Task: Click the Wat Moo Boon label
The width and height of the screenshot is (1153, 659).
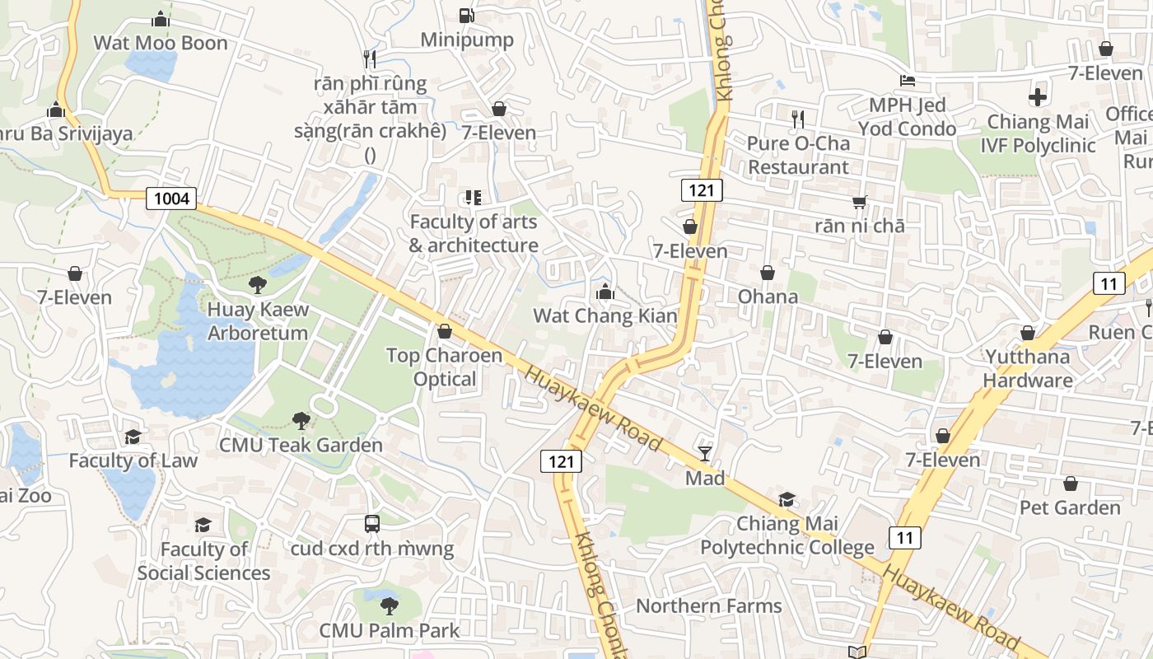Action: [161, 43]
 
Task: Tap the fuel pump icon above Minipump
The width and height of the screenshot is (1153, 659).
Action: [466, 15]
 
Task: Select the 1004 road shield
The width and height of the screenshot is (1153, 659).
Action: [171, 198]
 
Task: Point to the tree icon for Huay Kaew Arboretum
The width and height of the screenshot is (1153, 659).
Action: [258, 285]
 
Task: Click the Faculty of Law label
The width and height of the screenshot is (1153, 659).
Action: [133, 460]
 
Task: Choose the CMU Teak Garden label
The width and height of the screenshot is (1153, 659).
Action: [301, 445]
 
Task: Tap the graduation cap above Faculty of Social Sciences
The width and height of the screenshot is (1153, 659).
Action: [203, 525]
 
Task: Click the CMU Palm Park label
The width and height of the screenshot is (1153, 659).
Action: [390, 631]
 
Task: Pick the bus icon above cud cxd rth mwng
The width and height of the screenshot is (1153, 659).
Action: [372, 524]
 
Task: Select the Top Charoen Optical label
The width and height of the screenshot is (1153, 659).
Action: [445, 367]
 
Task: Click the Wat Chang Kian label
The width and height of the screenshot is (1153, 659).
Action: [605, 315]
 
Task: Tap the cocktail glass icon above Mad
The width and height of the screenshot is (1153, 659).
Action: [705, 453]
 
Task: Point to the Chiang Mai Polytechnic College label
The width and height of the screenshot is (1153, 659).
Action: [787, 535]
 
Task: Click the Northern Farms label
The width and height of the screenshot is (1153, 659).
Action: [709, 606]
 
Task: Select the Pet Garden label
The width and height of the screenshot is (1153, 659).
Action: [1071, 507]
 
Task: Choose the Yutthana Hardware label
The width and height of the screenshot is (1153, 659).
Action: [1028, 368]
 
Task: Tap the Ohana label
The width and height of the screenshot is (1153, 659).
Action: [768, 297]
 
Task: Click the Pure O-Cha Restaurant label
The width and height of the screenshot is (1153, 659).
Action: [797, 155]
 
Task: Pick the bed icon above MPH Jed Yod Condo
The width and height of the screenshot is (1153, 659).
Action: [907, 81]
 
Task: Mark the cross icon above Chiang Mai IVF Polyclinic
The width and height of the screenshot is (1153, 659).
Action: [1038, 97]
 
